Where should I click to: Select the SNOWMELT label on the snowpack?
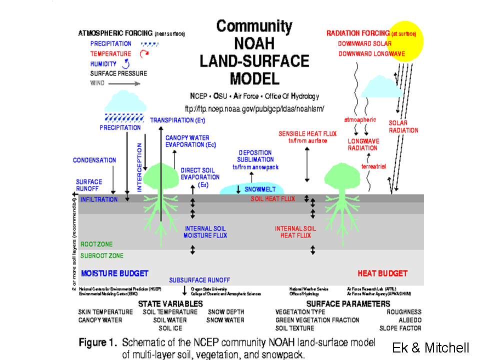pos(264,189)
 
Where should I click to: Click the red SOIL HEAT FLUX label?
pos(273,199)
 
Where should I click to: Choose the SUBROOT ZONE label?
pos(102,256)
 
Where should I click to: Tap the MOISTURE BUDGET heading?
pos(114,273)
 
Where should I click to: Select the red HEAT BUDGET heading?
pos(382,273)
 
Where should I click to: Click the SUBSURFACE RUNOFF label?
pos(199,280)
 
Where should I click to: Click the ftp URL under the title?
pos(254,108)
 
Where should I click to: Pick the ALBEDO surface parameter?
pos(410,320)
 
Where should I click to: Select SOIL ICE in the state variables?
pos(170,328)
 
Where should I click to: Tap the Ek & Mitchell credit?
pos(430,348)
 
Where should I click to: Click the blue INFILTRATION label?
pos(99,199)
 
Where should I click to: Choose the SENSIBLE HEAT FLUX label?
pos(307,137)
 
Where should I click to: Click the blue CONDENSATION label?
pos(94,160)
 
